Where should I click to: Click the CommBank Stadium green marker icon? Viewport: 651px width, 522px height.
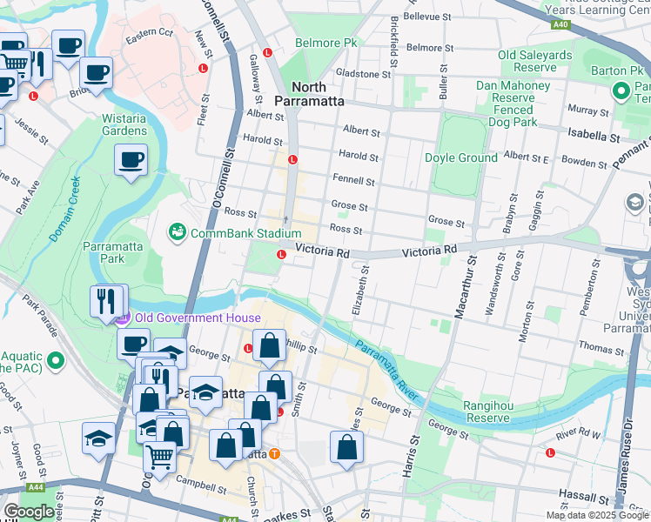(178, 232)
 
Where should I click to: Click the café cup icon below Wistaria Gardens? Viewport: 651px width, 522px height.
(131, 160)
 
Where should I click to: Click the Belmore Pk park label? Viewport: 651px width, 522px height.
(326, 43)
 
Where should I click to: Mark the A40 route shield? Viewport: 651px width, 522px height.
(561, 24)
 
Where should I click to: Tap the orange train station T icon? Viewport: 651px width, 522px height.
(274, 453)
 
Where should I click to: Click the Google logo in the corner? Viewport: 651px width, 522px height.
(29, 512)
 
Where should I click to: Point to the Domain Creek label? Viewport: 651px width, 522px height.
(64, 209)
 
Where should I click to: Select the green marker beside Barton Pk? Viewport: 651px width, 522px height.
(621, 90)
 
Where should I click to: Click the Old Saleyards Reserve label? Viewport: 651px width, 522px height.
(534, 61)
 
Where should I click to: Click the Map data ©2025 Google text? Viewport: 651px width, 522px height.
(596, 515)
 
